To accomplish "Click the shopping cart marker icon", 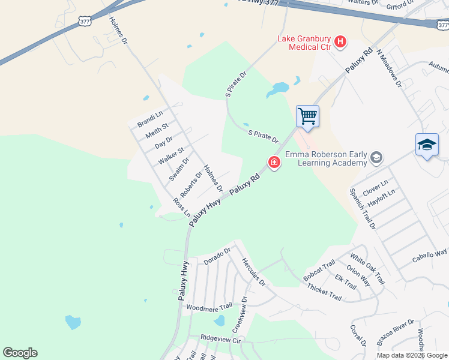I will [x=307, y=116].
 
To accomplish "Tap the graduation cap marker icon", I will [x=427, y=145].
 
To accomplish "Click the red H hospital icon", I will [x=340, y=41].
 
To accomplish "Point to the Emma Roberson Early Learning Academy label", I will [x=326, y=158].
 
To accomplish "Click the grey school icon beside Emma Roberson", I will [x=376, y=158].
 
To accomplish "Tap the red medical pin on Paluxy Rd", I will [x=274, y=163].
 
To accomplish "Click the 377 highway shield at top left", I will [x=85, y=21].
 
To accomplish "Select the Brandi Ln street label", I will [x=150, y=119].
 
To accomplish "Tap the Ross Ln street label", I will [x=181, y=207].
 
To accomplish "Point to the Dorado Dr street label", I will [x=217, y=257].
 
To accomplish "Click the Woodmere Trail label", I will [x=208, y=307].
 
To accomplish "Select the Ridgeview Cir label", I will [x=220, y=338].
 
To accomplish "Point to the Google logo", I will [x=20, y=353].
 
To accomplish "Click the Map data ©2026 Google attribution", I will [x=412, y=355].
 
